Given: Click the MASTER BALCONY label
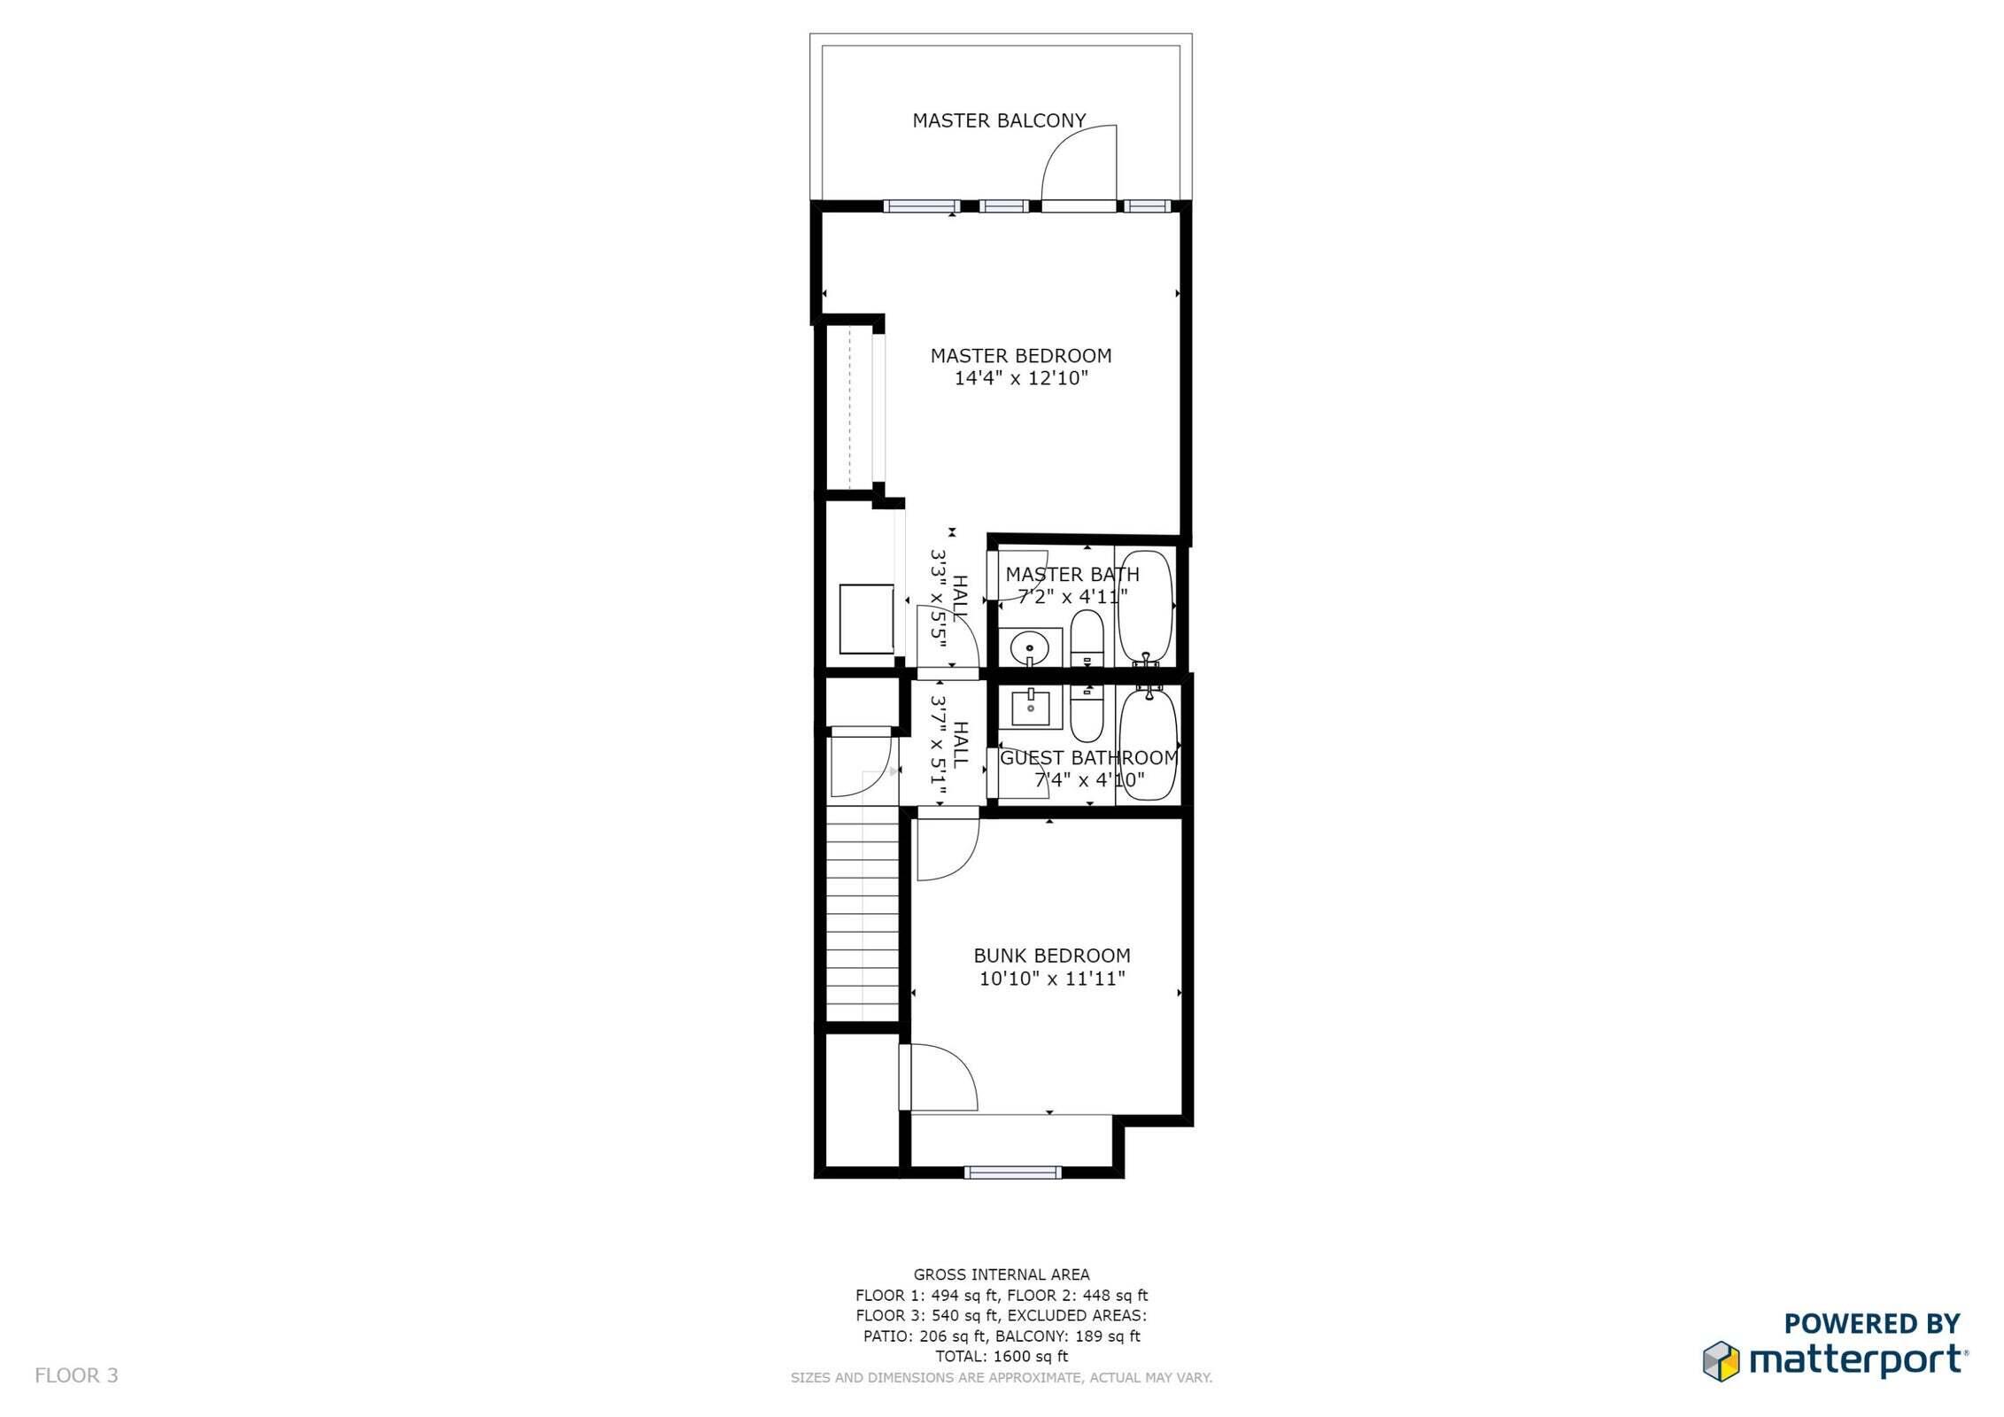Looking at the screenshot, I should pos(999,120).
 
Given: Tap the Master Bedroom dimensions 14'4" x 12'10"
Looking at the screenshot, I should pos(1020,379).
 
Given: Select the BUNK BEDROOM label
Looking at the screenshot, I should pos(1052,956).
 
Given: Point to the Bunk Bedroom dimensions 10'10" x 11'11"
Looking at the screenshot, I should pos(1052,979).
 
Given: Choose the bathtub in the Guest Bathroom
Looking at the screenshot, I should pos(1148,746).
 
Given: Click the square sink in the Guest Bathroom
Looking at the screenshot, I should pos(1031,707).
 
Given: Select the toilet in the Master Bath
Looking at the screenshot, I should pos(1086,639).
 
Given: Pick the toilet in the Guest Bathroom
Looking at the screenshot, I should pos(1086,716).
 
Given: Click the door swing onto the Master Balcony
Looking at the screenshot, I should pos(1079,166).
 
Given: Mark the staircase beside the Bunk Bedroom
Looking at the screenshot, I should pos(863,921).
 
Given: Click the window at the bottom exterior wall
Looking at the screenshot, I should pos(1012,1173).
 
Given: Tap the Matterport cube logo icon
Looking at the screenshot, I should pos(1721,1361).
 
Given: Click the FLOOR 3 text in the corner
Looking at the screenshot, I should pos(76,1375).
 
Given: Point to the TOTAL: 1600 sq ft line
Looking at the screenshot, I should pos(1002,1356).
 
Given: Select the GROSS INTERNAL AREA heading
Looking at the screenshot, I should pos(1002,1275).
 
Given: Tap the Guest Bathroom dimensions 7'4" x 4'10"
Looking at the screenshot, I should pos(1089,780).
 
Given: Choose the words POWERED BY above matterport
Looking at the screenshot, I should pos(1872,1324).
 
